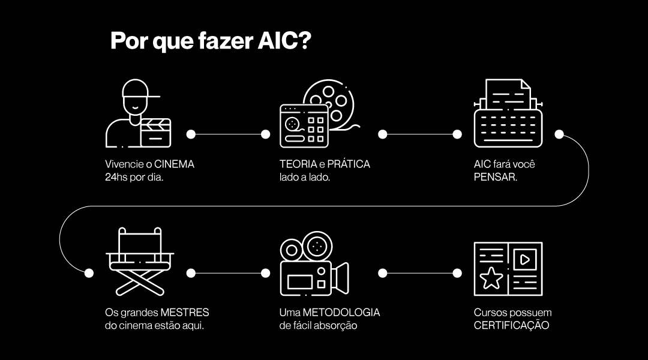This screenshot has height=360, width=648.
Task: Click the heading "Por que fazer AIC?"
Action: [x=211, y=41]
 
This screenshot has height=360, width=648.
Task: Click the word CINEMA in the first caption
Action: [x=175, y=164]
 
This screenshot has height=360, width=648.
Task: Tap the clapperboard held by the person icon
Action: [x=155, y=133]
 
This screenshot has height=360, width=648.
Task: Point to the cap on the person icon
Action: [x=140, y=90]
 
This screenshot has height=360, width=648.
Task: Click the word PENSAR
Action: [x=495, y=178]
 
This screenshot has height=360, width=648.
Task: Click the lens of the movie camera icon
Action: [x=341, y=277]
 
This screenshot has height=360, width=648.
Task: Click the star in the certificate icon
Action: [x=492, y=278]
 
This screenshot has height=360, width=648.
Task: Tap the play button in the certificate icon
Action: [x=524, y=260]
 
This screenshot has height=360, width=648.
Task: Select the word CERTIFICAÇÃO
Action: [x=511, y=326]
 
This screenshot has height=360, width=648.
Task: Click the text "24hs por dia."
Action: [x=134, y=178]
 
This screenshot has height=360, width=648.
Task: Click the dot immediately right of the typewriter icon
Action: [x=559, y=134]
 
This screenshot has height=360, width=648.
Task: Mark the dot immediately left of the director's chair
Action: [x=89, y=273]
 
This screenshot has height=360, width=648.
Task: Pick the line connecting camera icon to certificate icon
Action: [x=419, y=273]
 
